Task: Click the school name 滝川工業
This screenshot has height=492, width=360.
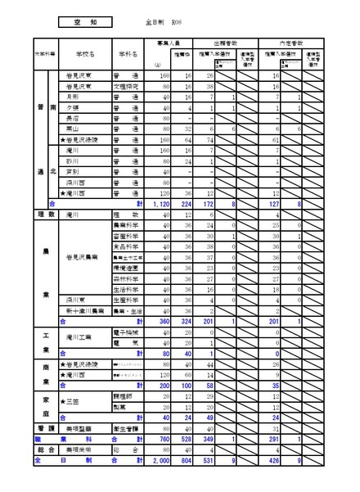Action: tap(82, 337)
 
